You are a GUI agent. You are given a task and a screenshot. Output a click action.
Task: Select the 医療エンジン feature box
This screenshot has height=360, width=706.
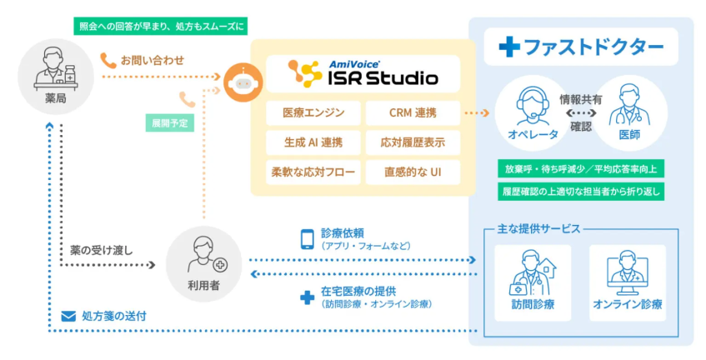coord(313,112)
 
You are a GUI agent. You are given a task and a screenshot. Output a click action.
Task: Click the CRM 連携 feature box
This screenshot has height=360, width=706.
coord(412,112)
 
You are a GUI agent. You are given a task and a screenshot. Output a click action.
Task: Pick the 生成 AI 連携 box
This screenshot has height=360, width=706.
coord(313,142)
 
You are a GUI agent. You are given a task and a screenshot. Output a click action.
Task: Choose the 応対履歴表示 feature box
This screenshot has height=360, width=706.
coord(412,142)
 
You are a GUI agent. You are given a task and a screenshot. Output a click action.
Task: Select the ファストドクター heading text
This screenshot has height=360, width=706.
coord(583,47)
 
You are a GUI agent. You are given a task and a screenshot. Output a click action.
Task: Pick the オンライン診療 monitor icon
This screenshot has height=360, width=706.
coord(627,271)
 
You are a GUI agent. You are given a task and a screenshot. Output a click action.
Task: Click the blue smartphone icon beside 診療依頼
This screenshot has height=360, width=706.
coord(307,239)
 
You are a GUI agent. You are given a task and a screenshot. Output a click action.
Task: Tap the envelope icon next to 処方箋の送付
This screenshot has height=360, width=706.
coord(69,316)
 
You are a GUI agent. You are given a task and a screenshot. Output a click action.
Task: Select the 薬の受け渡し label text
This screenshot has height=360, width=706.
coord(102,249)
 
